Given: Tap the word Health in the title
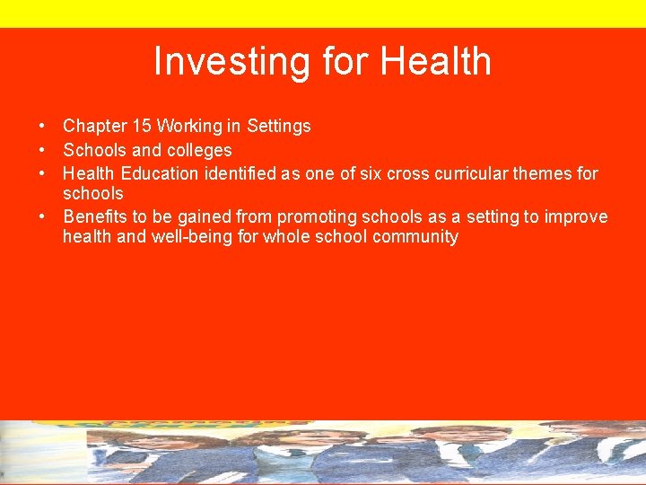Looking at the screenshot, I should [436, 62].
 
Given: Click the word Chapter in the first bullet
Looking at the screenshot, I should [93, 127].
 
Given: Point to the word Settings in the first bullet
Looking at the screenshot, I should [279, 127].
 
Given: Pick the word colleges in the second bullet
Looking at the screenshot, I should [198, 150].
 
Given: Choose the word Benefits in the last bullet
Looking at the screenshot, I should [94, 216].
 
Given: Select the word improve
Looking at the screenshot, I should [576, 216].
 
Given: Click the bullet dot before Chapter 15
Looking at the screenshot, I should [42, 127].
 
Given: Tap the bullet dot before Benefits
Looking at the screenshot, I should [42, 216].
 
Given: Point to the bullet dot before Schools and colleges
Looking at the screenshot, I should [42, 150].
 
